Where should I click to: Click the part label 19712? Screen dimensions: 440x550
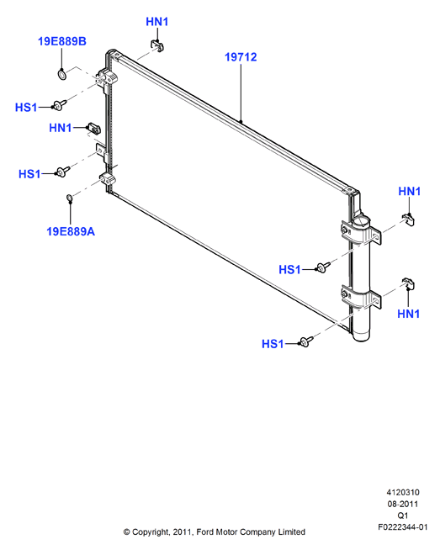[x=241, y=57]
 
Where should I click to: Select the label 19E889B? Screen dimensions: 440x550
[x=61, y=41]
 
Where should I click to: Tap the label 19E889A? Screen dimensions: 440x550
[x=71, y=231]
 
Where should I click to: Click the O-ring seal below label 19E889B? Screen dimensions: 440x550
[x=61, y=74]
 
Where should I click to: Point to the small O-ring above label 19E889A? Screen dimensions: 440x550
[x=70, y=198]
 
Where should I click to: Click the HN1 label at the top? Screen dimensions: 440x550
[x=156, y=22]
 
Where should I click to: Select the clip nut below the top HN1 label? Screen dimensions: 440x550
[x=158, y=46]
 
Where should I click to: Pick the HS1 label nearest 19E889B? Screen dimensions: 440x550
[x=26, y=108]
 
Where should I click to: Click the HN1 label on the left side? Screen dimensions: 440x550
[x=60, y=128]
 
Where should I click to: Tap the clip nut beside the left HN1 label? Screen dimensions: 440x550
[x=93, y=128]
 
